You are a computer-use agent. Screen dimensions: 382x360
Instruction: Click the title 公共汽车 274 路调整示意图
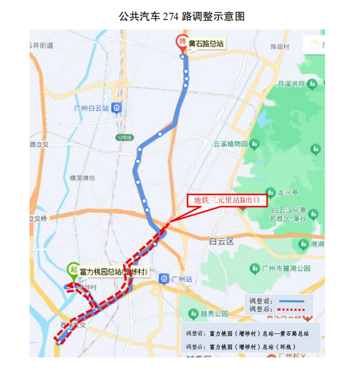coord(181,17)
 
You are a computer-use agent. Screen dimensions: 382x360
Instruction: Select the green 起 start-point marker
coord(73,270)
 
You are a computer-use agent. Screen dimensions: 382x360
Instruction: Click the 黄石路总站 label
coord(205,44)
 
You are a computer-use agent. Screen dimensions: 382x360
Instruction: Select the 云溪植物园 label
coord(230,144)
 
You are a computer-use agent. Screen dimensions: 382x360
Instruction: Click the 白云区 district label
coord(221,241)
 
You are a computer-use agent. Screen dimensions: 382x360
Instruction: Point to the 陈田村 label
coord(280,47)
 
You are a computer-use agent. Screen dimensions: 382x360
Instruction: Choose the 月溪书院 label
coord(291,84)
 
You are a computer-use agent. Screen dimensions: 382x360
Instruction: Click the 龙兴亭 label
coord(287,192)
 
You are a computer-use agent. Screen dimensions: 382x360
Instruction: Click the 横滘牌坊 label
coord(82,178)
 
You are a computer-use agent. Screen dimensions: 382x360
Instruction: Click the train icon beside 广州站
coord(164,279)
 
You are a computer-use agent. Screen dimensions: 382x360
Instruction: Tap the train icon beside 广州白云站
coord(116,108)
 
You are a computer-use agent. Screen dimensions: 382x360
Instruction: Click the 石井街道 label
coord(42,46)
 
